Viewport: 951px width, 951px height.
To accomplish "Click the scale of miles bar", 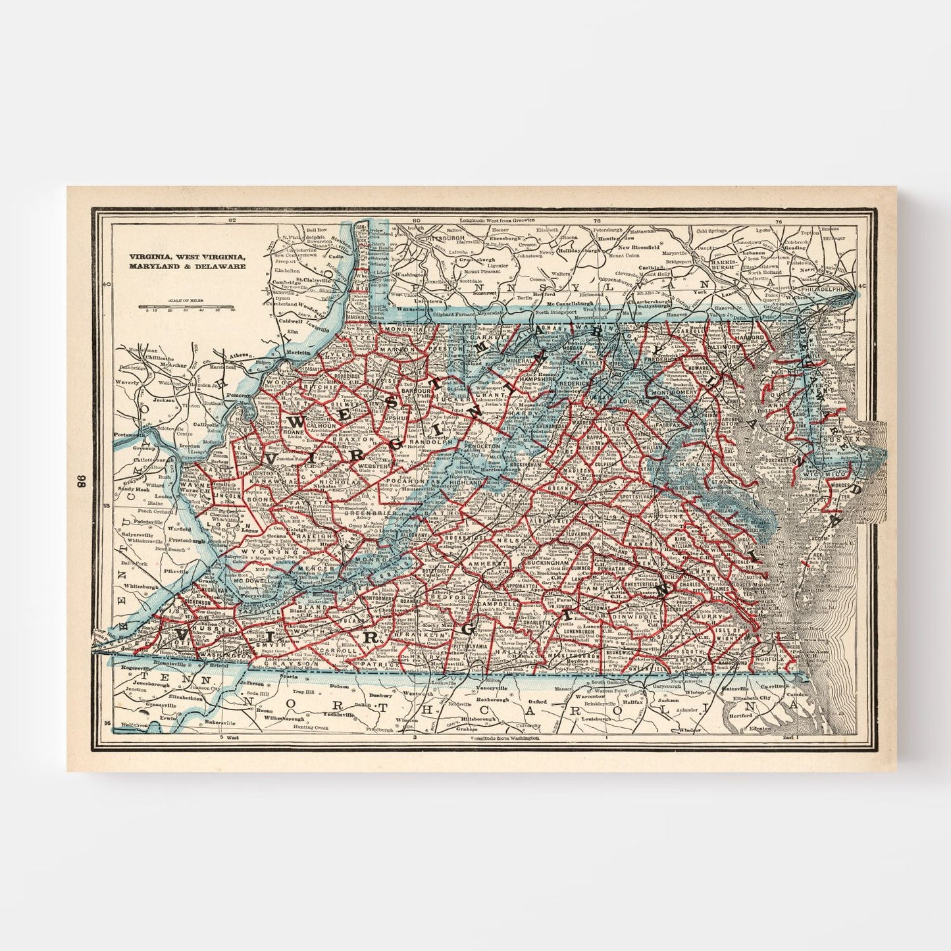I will (187, 307).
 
